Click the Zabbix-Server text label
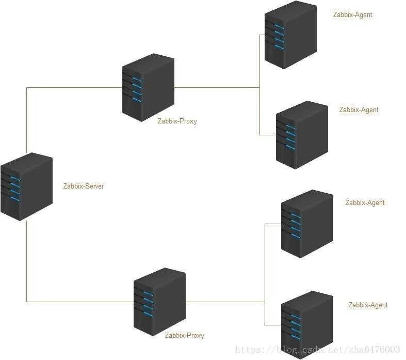coord(83,186)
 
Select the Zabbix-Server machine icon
coord(26,186)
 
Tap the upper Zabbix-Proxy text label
coord(177,121)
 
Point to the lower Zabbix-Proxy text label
coord(184,335)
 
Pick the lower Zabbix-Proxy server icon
coord(159,302)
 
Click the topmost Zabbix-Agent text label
coord(352,15)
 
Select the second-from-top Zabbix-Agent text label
coord(359,109)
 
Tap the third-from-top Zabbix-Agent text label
coord(365,202)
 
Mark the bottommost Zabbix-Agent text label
coord(368,305)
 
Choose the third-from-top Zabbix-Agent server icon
coord(307,223)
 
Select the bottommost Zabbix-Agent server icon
coord(307,324)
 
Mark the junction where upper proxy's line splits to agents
coord(259,87)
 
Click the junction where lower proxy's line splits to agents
coord(265,302)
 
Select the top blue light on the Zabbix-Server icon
coord(15,178)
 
